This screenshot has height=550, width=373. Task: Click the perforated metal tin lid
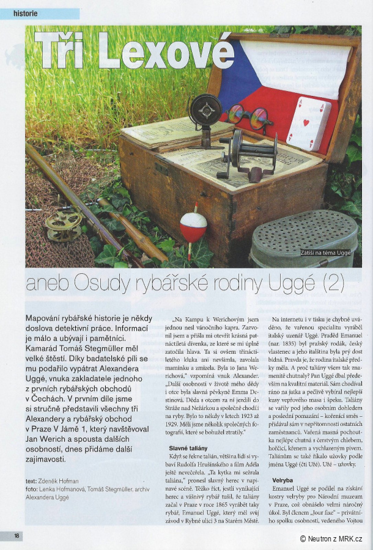[x=305, y=235]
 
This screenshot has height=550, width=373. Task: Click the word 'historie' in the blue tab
[x=26, y=13]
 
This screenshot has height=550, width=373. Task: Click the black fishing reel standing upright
[x=205, y=115]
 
